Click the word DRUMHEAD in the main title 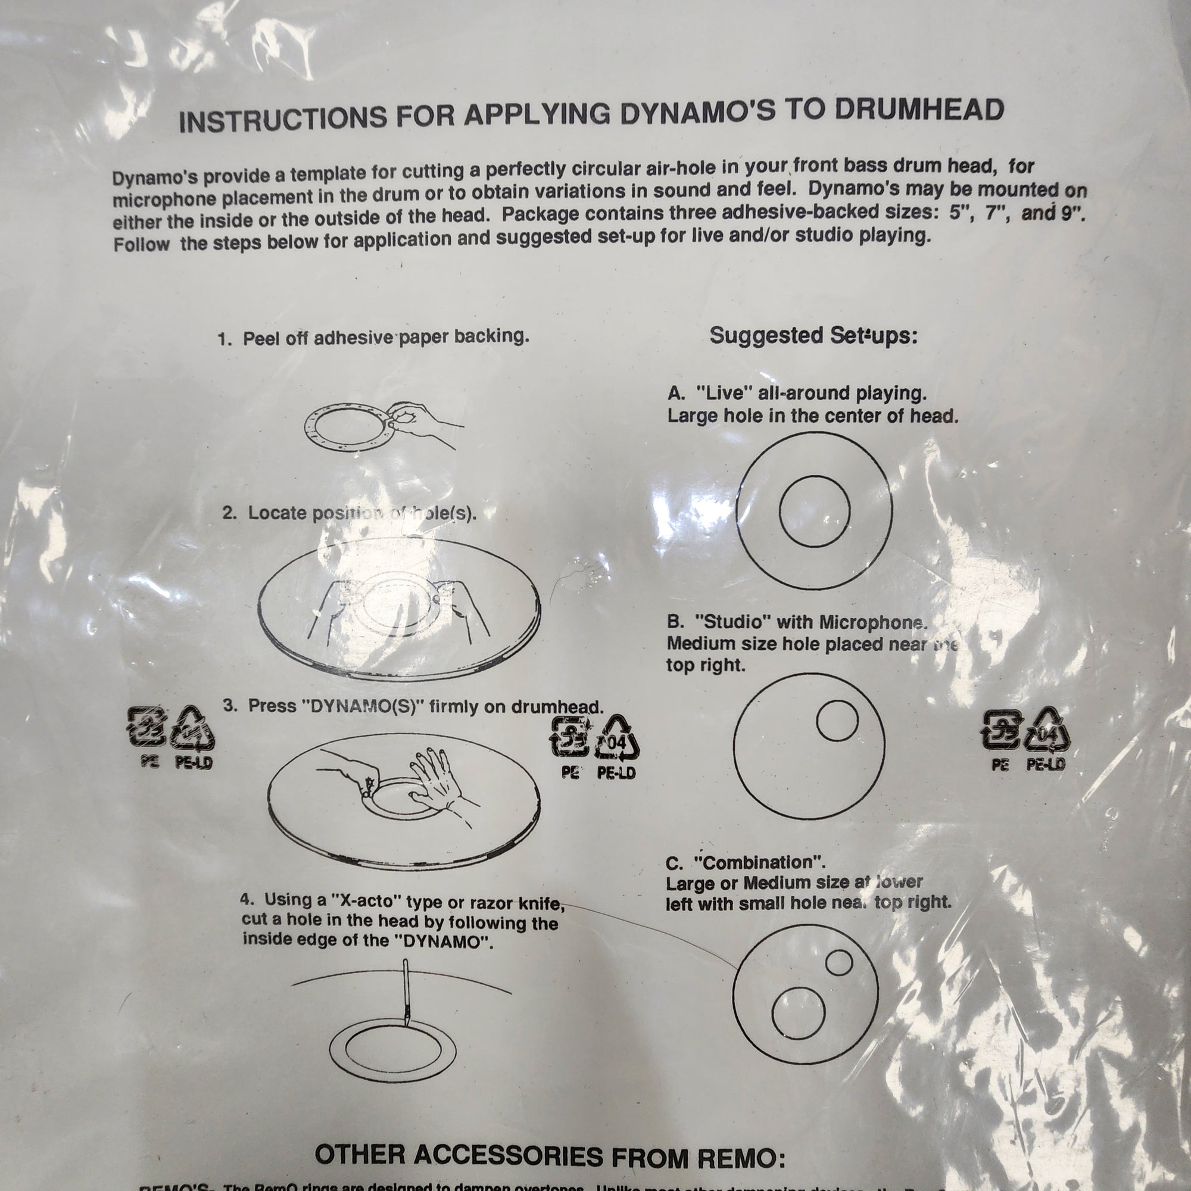coord(918,110)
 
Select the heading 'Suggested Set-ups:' coord(813,336)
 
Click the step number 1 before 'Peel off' coord(223,339)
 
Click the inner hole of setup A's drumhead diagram coord(814,511)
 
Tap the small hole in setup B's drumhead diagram coord(837,721)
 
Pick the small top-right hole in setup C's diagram coord(839,962)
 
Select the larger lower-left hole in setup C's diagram coord(799,1013)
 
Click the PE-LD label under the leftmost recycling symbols coord(193,763)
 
